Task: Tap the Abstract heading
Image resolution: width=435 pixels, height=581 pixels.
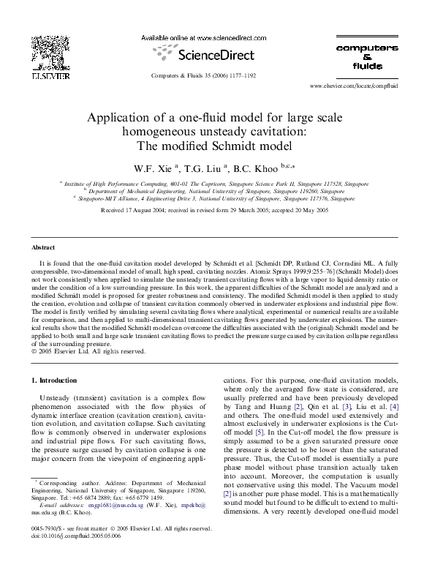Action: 44,248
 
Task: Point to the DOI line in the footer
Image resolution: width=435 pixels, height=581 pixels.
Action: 75,536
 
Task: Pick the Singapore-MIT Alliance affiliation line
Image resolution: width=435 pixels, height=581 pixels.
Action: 217,198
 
